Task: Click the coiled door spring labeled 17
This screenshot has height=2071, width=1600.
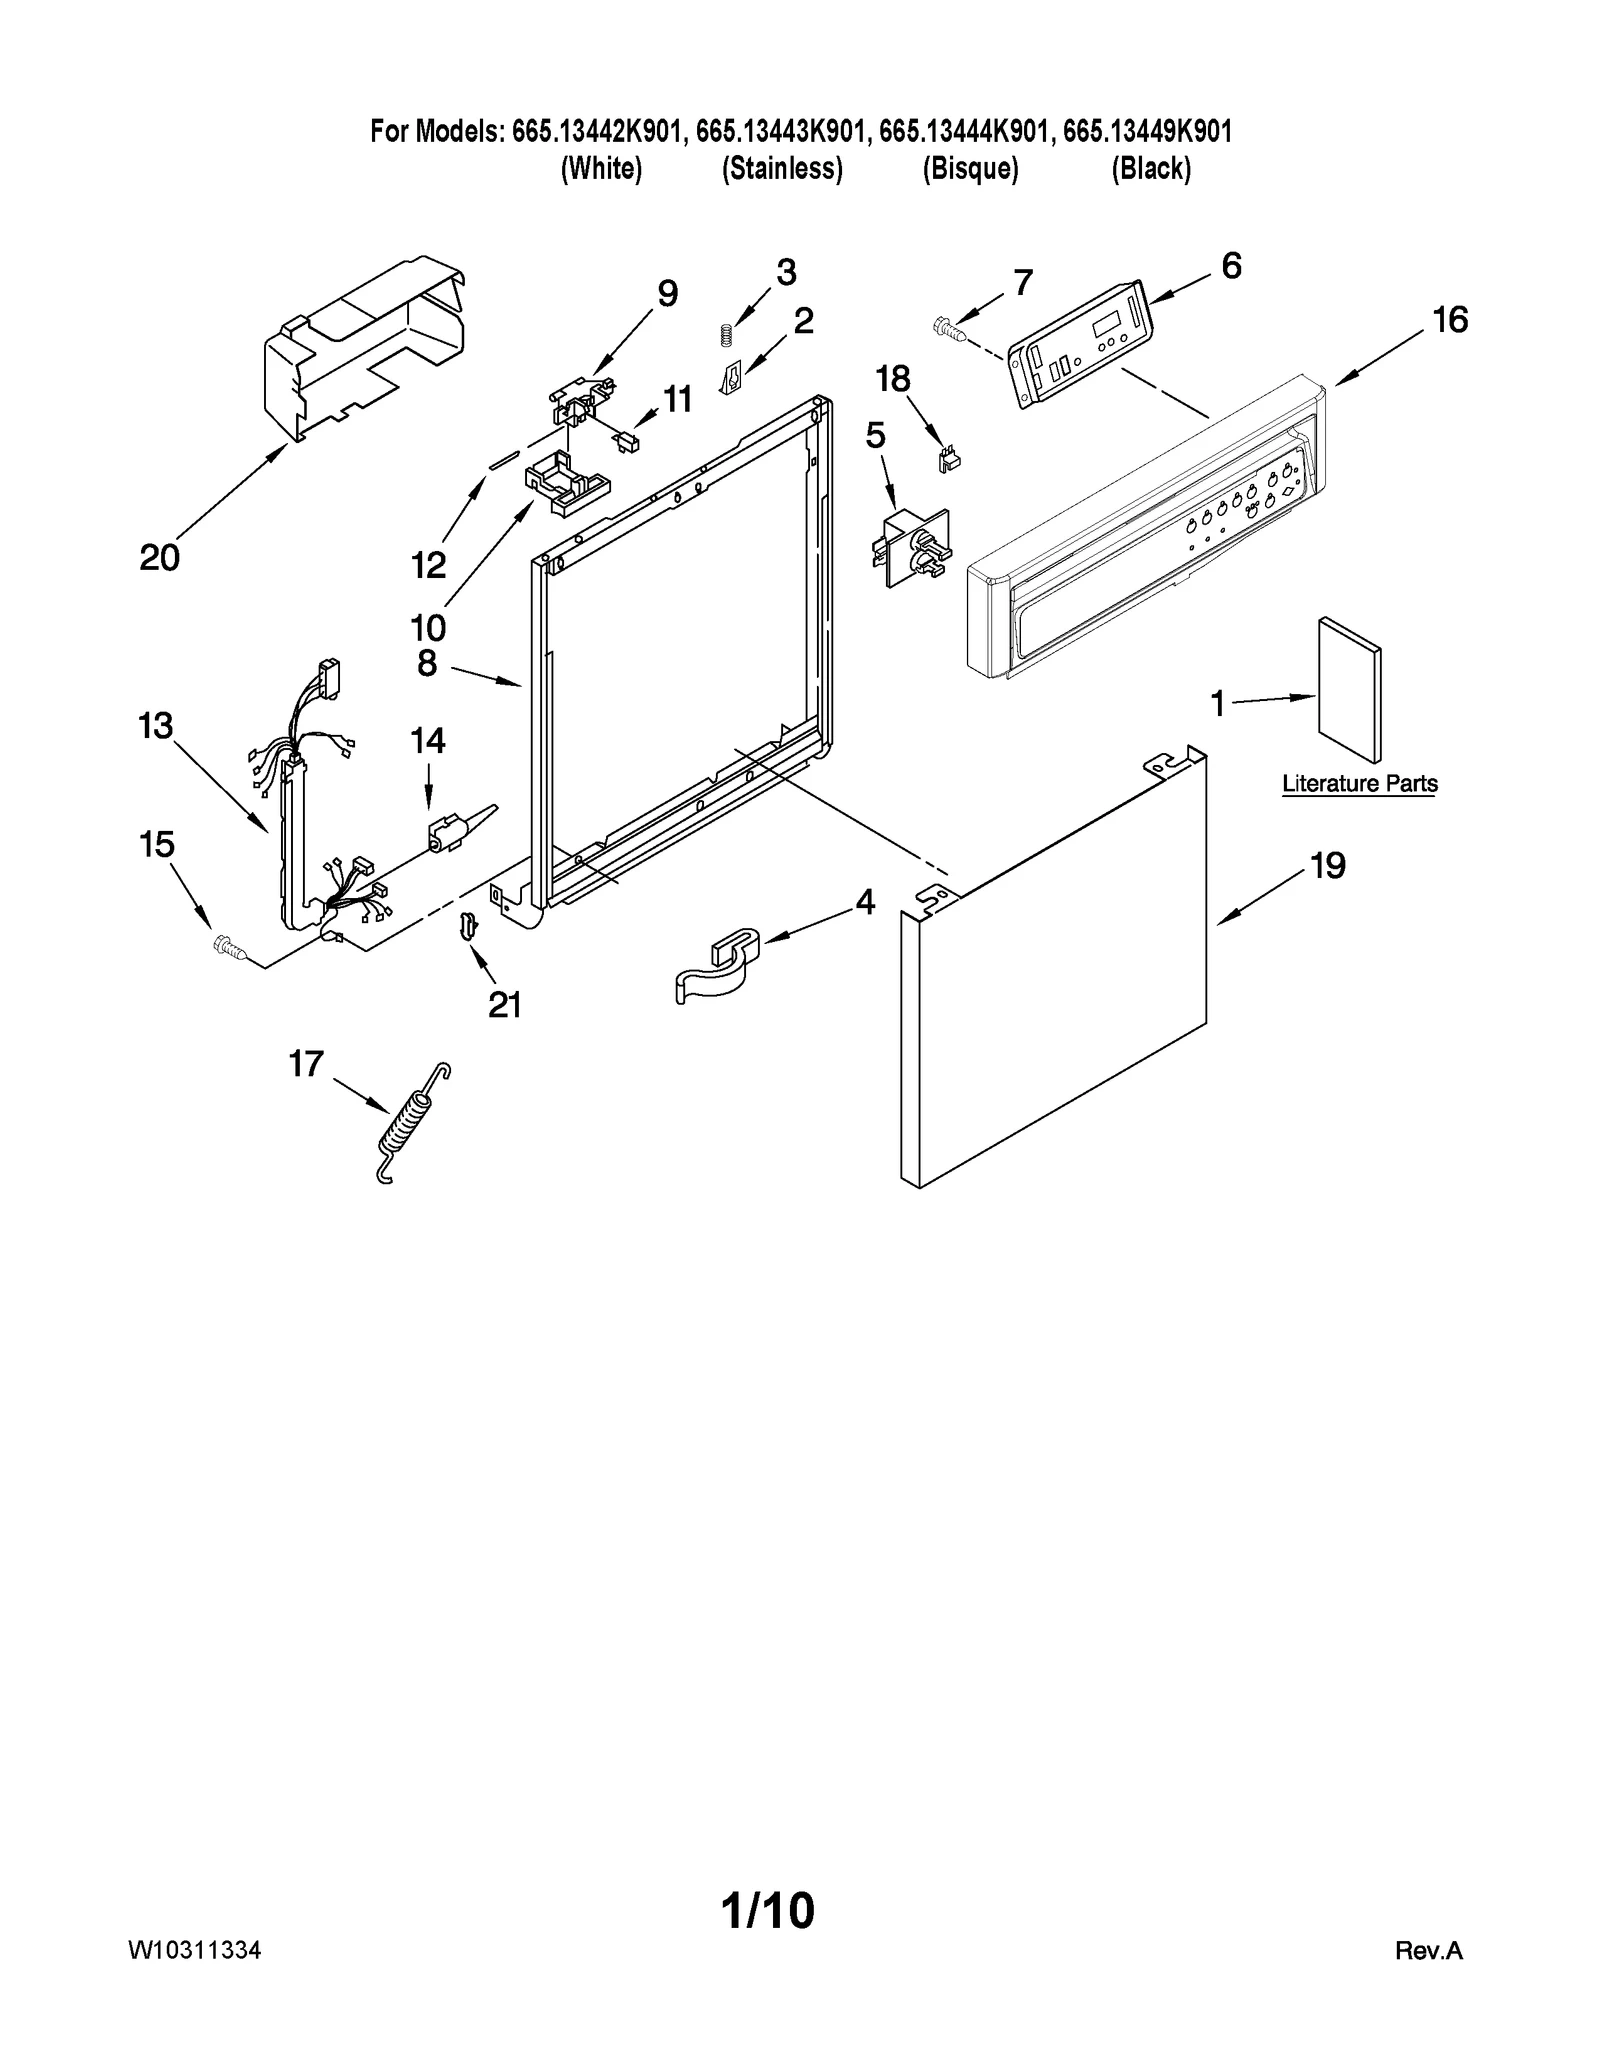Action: [410, 1125]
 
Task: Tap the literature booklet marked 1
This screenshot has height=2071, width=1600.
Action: [1349, 689]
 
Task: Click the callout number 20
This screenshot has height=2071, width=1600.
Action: [159, 558]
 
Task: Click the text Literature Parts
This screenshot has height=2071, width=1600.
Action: [1360, 784]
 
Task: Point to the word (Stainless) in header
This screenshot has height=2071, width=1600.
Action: [782, 169]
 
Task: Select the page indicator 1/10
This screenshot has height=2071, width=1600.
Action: [768, 1911]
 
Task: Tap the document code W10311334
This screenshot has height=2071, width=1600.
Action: [194, 1951]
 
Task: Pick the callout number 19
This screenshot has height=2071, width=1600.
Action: [1327, 865]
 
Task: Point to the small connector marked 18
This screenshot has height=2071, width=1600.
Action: [944, 459]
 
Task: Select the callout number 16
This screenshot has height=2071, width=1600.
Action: [1450, 320]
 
